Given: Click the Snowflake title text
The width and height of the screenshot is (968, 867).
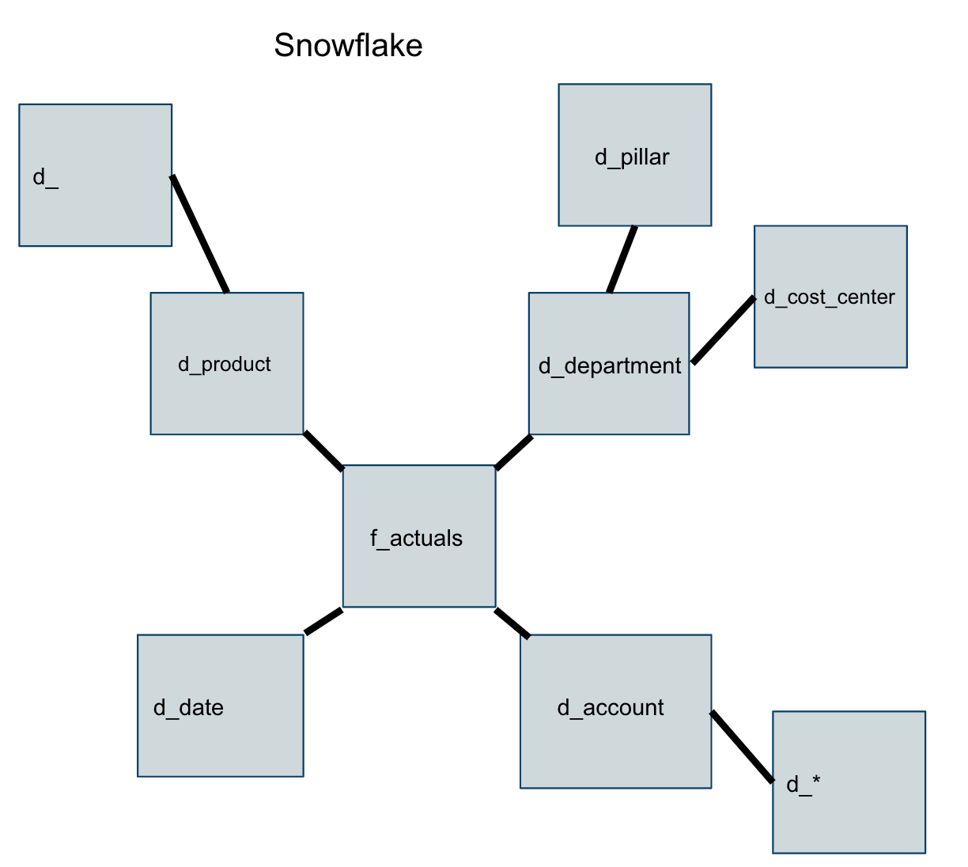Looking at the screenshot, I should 348,46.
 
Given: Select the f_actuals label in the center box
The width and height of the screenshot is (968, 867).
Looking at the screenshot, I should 416,539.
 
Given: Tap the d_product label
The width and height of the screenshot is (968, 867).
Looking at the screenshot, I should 224,365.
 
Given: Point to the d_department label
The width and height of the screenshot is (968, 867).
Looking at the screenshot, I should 609,366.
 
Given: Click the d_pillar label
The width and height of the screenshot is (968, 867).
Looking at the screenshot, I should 632,157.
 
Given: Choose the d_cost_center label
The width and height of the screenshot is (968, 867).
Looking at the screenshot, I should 829,297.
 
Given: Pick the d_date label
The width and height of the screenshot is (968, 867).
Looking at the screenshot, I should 188,708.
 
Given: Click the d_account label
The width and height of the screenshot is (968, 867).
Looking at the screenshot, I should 611,708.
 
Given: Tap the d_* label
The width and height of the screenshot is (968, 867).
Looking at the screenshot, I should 803,785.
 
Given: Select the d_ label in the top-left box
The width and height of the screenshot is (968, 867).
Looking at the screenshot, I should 45,178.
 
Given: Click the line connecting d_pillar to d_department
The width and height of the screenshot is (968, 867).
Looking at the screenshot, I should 622,259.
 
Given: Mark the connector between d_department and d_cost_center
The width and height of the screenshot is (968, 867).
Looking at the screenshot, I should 723,330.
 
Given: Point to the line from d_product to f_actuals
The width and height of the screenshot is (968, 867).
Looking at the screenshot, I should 323,451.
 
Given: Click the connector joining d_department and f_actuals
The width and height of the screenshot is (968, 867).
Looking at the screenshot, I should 513,452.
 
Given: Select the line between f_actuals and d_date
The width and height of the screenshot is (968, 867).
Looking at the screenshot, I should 323,621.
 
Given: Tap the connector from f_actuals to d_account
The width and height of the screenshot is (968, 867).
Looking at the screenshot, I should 512,623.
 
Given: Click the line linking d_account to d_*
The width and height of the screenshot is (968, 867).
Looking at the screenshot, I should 742,747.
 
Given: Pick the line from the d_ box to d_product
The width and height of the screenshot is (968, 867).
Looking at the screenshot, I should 200,234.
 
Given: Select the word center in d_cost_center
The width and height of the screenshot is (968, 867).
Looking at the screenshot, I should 867,297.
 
